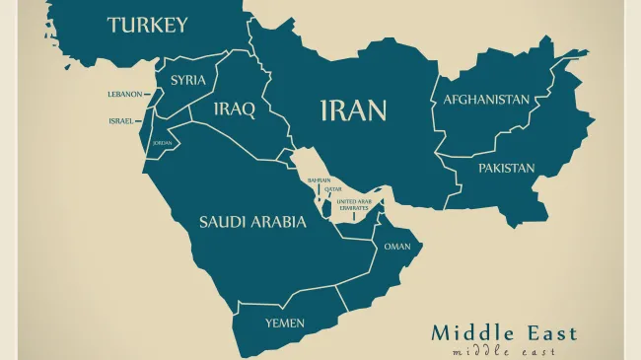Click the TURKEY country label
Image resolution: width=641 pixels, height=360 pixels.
pyautogui.click(x=147, y=25)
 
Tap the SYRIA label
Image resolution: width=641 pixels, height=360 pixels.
pyautogui.click(x=188, y=80)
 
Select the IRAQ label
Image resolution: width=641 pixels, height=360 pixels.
pyautogui.click(x=234, y=108)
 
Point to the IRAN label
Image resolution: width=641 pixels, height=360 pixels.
pyautogui.click(x=353, y=109)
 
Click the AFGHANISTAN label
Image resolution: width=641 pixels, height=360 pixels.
pyautogui.click(x=486, y=100)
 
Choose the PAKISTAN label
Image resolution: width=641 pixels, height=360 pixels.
pyautogui.click(x=507, y=168)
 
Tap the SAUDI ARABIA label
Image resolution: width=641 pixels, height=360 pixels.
pyautogui.click(x=252, y=222)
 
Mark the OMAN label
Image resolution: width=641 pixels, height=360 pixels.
pyautogui.click(x=397, y=247)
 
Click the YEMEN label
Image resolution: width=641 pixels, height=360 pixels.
pyautogui.click(x=285, y=323)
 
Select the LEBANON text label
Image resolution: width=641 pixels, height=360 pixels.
pyautogui.click(x=124, y=95)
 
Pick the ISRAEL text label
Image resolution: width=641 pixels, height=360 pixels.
pyautogui.click(x=120, y=120)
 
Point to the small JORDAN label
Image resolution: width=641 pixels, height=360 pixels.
pyautogui.click(x=162, y=143)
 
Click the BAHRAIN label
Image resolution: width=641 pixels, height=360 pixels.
pyautogui.click(x=319, y=180)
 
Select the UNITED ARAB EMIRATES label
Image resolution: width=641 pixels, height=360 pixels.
pyautogui.click(x=353, y=204)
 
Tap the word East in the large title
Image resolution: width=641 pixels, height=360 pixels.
pyautogui.click(x=547, y=332)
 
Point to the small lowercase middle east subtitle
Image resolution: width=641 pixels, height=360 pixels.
pyautogui.click(x=503, y=351)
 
